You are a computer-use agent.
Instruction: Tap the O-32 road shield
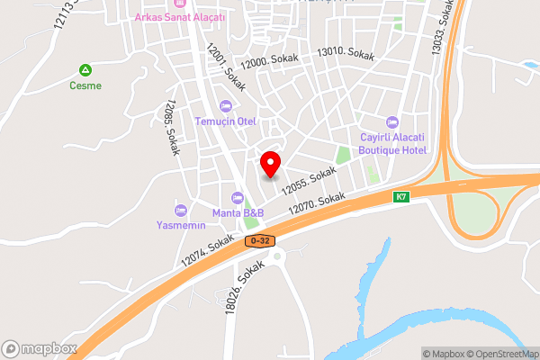(x=258, y=241)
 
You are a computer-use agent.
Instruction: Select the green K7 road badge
(x=400, y=196)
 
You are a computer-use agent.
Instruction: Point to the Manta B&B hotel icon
(x=238, y=197)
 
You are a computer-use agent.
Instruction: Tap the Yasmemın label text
(x=181, y=225)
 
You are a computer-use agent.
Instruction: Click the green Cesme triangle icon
(x=85, y=70)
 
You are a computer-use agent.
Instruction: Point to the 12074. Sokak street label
(x=207, y=252)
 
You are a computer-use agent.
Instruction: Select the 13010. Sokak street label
(x=345, y=53)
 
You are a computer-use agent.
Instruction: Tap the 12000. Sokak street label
(x=274, y=61)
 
